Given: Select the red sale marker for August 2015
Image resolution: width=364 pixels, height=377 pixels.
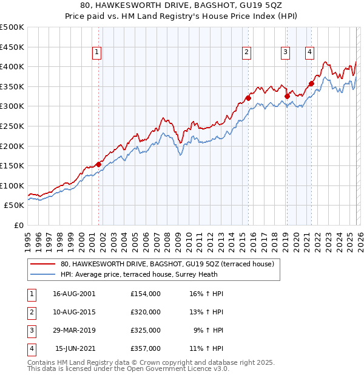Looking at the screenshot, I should pos(248,98).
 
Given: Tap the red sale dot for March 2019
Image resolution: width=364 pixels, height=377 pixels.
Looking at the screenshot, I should pos(287,96).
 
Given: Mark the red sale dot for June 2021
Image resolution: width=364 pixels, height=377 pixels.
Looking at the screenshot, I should pos(311,84).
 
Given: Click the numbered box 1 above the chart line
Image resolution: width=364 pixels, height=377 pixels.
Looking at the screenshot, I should pos(97,53).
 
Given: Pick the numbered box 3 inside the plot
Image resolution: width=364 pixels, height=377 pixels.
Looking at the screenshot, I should pos(285,53).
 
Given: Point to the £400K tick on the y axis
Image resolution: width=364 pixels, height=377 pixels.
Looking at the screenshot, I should pos(12,67).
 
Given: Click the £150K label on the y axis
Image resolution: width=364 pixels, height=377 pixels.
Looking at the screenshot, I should pos(12,165).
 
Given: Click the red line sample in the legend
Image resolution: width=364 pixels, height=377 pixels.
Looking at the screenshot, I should pos(43,264).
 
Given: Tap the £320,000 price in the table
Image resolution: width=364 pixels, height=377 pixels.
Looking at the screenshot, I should pos(145,312).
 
